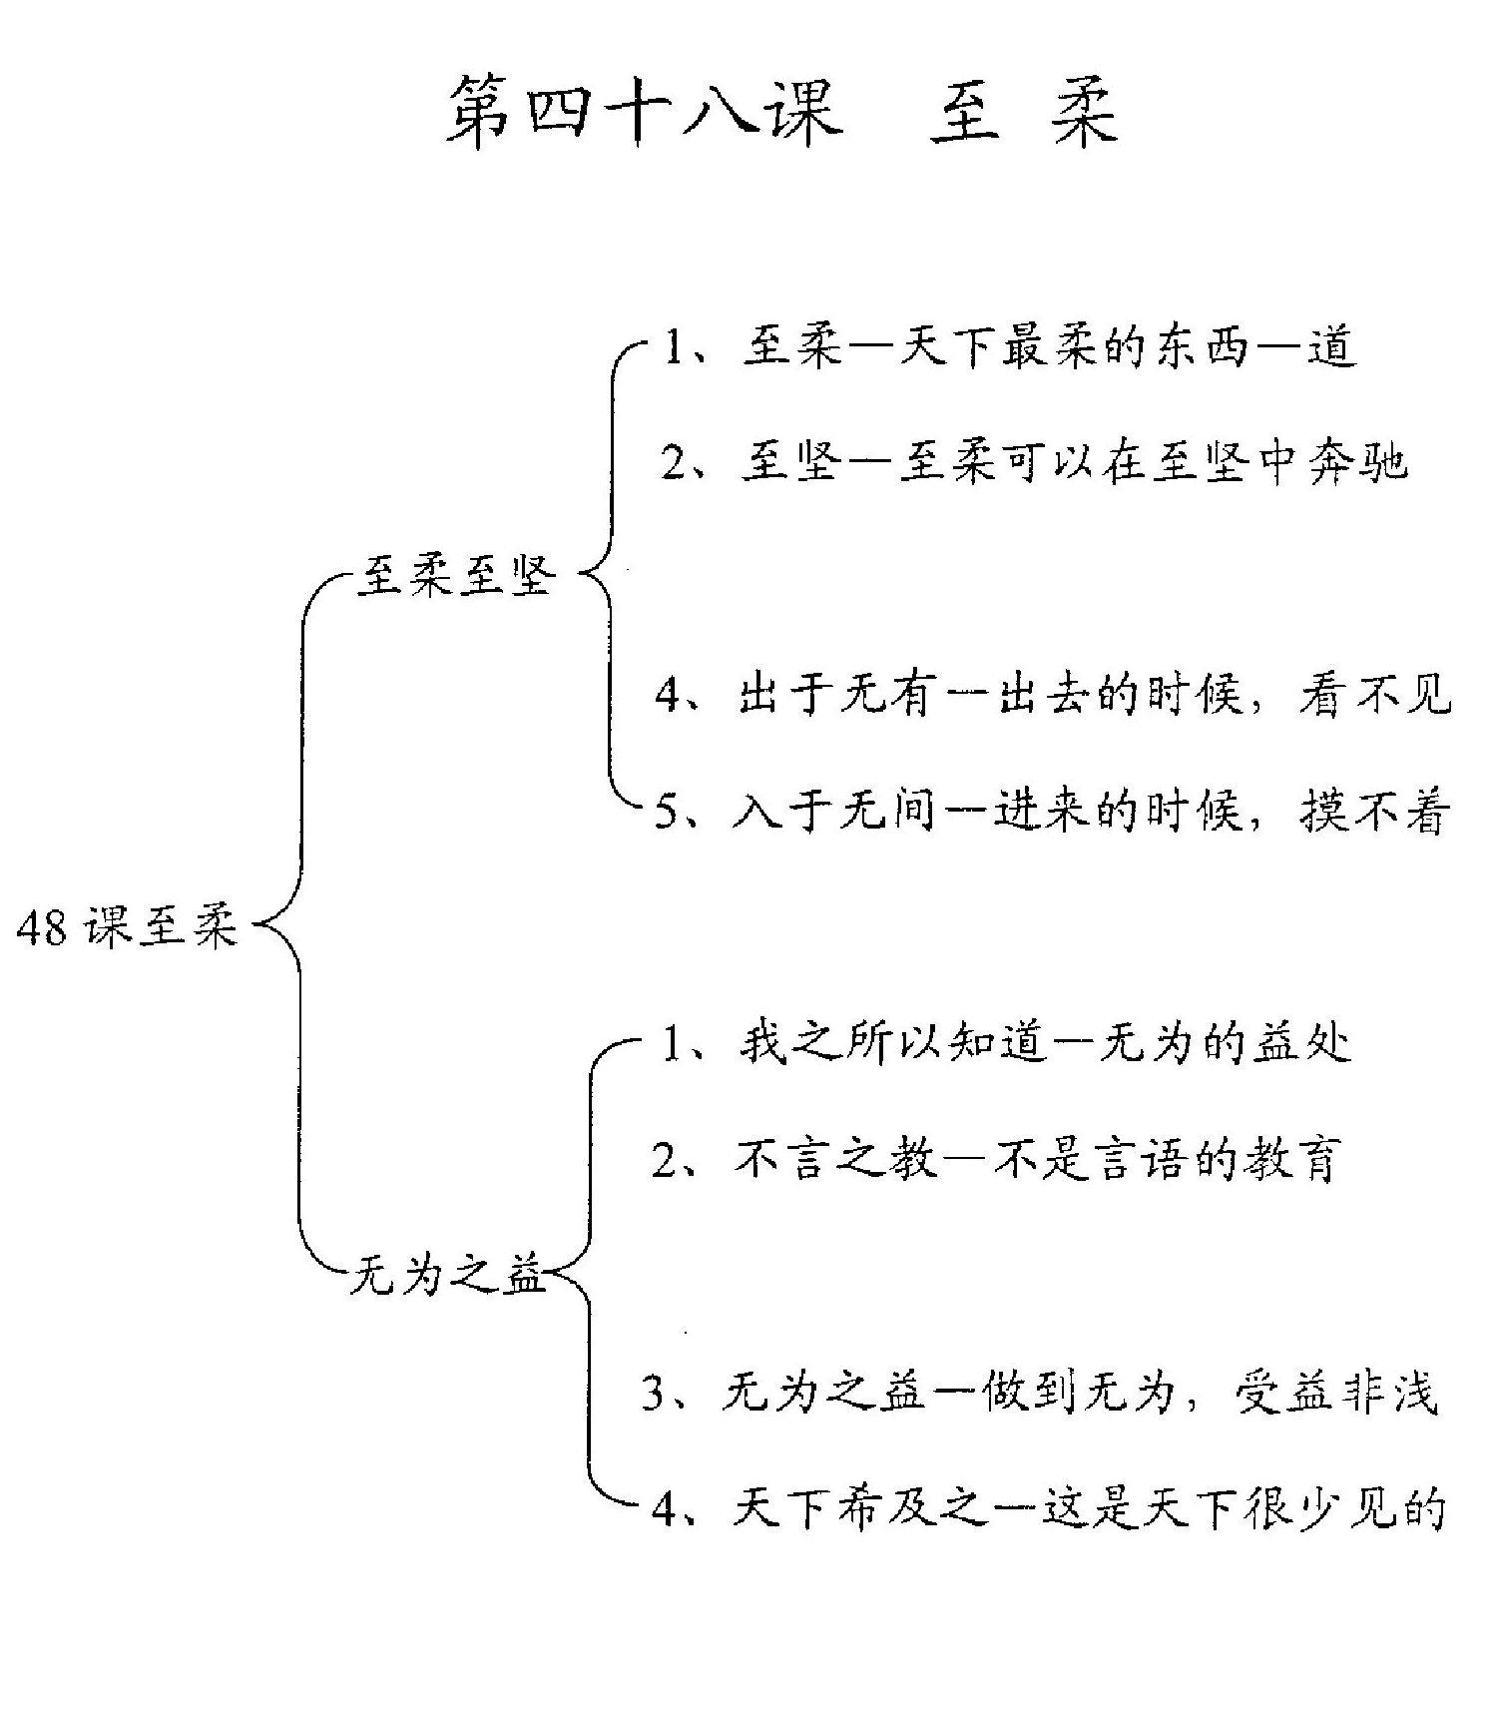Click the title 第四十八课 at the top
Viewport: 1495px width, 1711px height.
click(x=645, y=111)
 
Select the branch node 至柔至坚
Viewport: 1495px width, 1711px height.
click(x=456, y=576)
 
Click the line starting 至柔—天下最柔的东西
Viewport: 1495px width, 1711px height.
click(x=1008, y=348)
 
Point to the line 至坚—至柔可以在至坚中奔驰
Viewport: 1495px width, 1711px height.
click(x=1033, y=462)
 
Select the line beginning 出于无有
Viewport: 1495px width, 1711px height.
click(x=1053, y=693)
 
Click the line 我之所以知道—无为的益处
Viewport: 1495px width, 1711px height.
click(x=1006, y=1044)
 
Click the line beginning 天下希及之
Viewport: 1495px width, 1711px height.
click(x=1048, y=1507)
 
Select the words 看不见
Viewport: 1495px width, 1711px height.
click(x=1375, y=693)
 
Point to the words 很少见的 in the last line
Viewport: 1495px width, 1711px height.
click(x=1346, y=1507)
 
